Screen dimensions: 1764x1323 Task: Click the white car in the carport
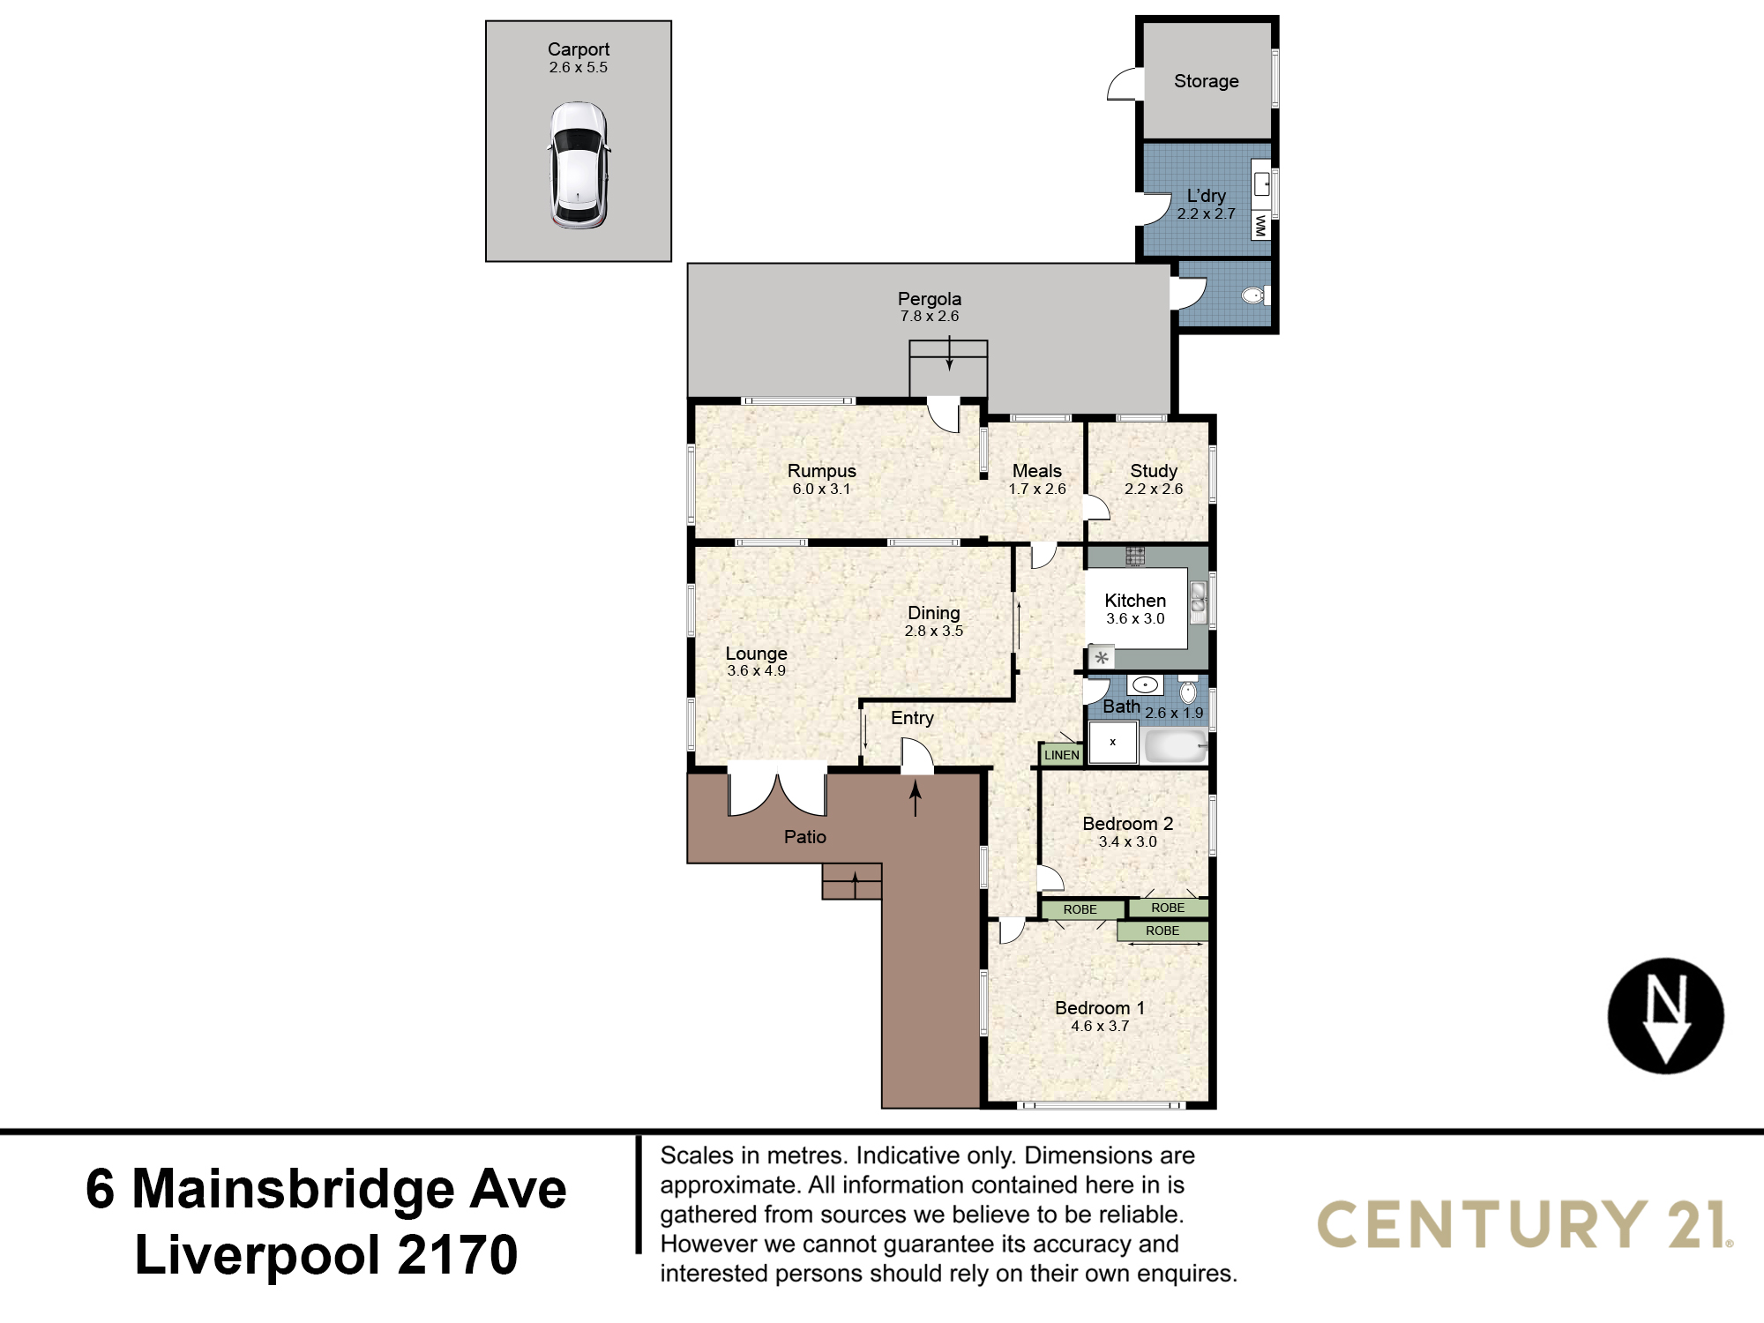(579, 165)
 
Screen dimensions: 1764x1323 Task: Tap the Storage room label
(1206, 81)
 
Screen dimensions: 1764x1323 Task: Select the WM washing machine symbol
(1260, 227)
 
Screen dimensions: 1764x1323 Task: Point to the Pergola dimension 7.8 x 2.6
(930, 316)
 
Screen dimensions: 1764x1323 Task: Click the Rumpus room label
(821, 471)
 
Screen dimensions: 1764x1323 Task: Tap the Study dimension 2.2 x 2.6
(1154, 489)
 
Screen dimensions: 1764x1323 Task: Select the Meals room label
(1037, 471)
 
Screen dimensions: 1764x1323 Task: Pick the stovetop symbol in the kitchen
(1135, 556)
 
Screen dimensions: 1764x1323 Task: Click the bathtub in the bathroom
(1175, 746)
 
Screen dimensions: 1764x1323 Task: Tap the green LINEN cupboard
(1061, 754)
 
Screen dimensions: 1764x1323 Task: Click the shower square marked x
(1112, 742)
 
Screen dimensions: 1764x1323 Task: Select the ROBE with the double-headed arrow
(1162, 931)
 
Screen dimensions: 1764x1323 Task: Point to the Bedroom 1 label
(1100, 1007)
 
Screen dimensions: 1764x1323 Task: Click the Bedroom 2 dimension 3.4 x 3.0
(1127, 841)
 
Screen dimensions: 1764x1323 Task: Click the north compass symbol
(1665, 1015)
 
